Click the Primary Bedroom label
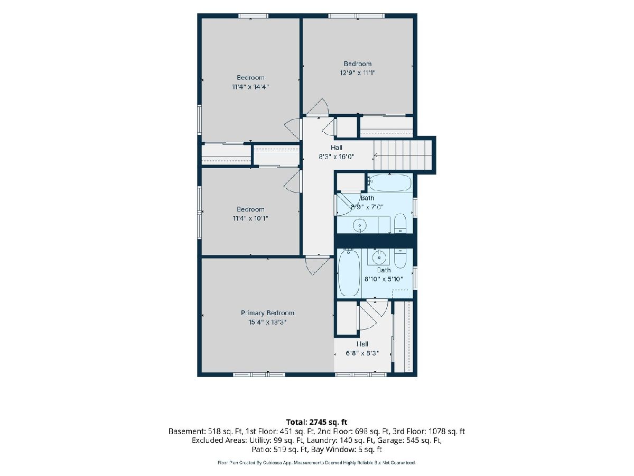coord(267,313)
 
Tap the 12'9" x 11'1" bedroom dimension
coord(358,73)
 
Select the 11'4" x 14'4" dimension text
coord(250,87)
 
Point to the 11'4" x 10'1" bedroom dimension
coord(250,218)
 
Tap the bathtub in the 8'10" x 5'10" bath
coord(349,273)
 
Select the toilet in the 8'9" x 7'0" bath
coord(400,223)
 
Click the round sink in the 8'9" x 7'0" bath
coord(360,225)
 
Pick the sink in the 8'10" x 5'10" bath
coord(378,256)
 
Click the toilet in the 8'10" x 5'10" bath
coord(400,258)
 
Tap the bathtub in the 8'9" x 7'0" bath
coord(390,182)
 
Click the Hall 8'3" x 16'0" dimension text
coord(337,157)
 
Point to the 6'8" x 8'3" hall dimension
coord(362,353)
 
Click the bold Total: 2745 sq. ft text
coord(317,422)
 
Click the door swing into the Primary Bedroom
coord(317,266)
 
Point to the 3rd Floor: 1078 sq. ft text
coord(428,432)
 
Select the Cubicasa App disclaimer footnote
coord(316,463)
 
